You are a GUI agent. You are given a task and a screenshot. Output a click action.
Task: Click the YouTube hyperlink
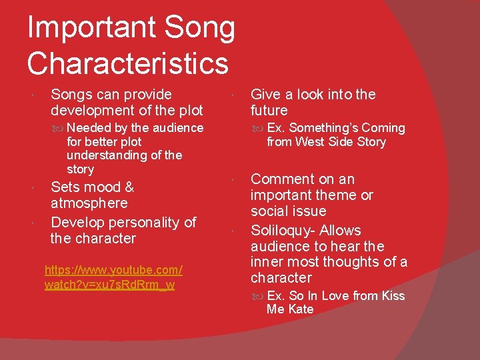pyautogui.click(x=113, y=278)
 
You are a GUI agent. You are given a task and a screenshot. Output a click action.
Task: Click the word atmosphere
pyautogui.click(x=89, y=203)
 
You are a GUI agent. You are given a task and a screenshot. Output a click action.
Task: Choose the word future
pyautogui.click(x=269, y=111)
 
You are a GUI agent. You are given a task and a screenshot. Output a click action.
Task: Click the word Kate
pyautogui.click(x=301, y=309)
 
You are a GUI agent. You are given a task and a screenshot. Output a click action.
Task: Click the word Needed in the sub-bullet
pyautogui.click(x=89, y=128)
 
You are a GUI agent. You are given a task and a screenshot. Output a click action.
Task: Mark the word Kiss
pyautogui.click(x=393, y=296)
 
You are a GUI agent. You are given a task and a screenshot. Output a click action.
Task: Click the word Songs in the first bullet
pyautogui.click(x=72, y=95)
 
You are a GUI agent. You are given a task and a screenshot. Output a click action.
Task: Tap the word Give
pyautogui.click(x=266, y=95)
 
